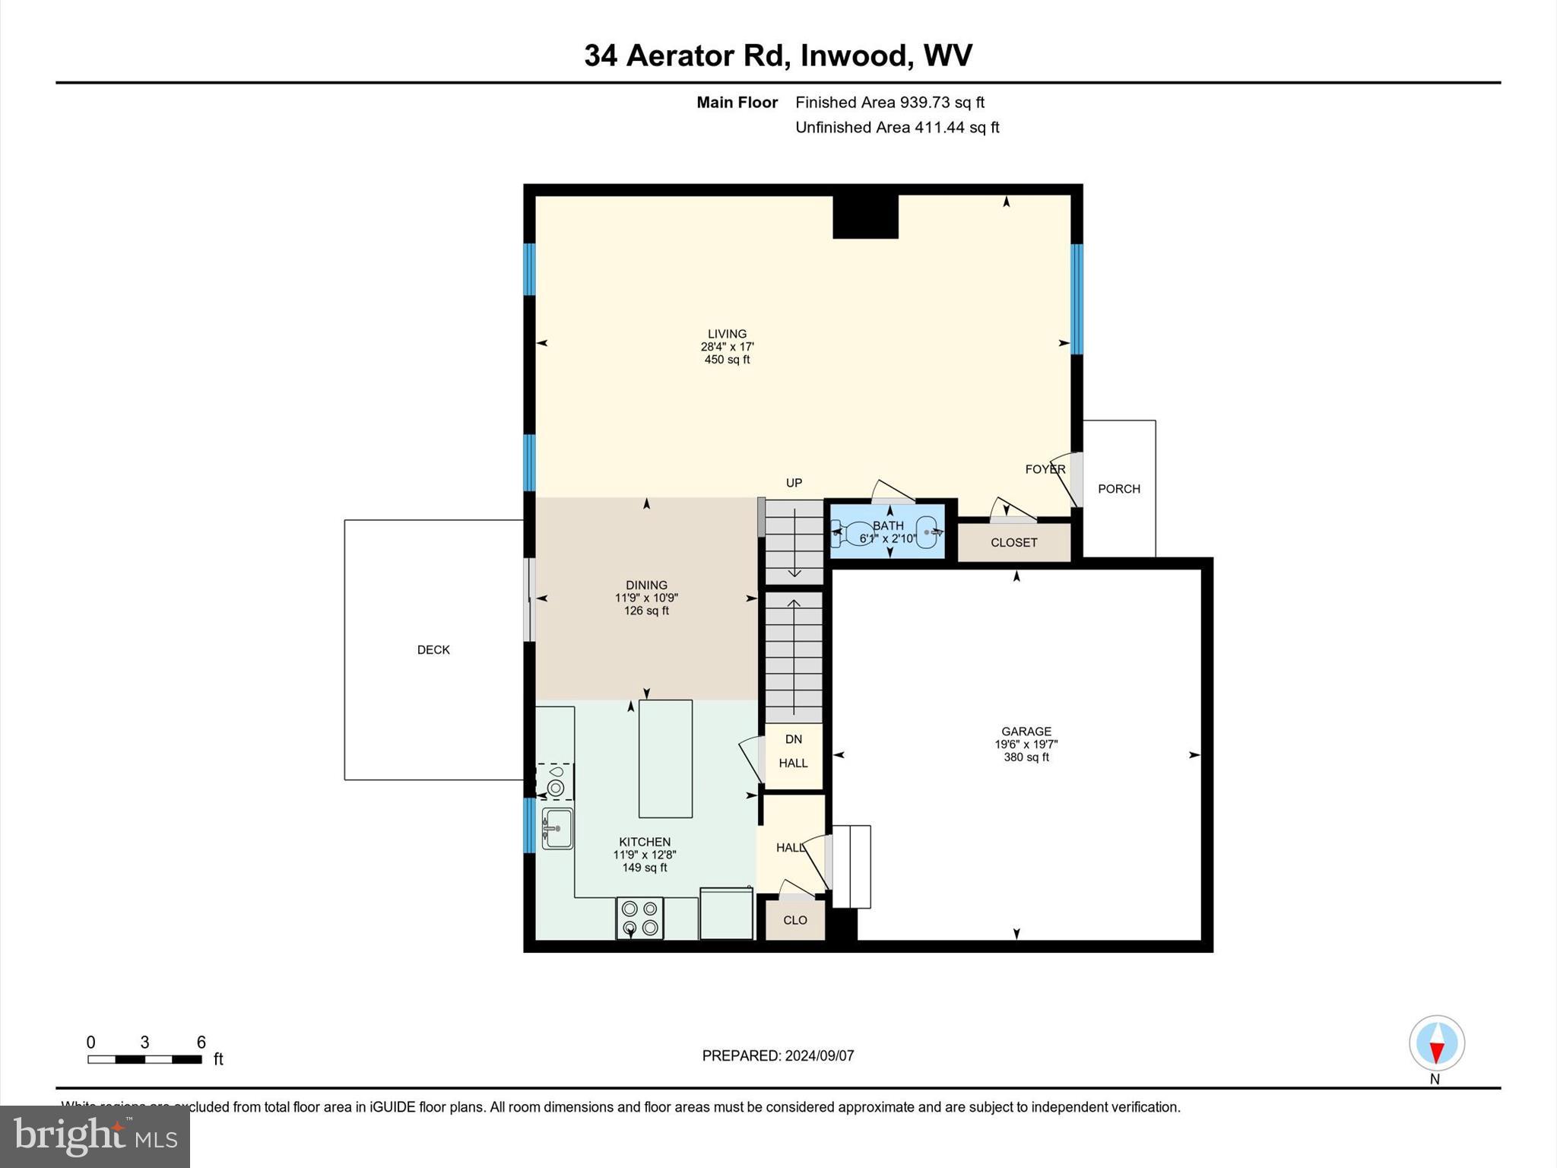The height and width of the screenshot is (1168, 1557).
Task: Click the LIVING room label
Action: (727, 334)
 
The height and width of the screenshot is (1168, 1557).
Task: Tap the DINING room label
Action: (646, 585)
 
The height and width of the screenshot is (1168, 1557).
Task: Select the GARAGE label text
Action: (1026, 732)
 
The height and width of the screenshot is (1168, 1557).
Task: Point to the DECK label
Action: (433, 649)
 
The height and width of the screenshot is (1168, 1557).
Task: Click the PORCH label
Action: (1118, 489)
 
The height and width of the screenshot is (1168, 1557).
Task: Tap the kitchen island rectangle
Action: (665, 758)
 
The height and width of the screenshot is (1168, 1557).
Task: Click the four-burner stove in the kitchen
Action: (639, 918)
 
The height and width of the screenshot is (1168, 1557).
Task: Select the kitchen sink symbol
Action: (557, 828)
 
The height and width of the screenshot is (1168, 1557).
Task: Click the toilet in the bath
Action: (852, 533)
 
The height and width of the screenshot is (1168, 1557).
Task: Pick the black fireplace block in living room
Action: (865, 217)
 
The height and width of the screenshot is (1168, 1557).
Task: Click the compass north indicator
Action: (1436, 1044)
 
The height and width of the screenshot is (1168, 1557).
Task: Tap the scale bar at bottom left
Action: (144, 1059)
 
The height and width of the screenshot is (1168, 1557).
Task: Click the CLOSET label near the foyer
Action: (1013, 543)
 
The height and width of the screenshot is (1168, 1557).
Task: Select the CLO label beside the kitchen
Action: (794, 920)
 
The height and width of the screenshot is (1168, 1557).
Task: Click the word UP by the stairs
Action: (794, 483)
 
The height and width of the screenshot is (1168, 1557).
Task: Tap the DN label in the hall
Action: (793, 739)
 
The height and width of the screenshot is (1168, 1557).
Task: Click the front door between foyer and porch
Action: (1075, 479)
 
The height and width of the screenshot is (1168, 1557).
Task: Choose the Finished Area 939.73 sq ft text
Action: (889, 102)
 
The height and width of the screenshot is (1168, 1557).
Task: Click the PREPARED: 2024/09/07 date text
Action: (778, 1055)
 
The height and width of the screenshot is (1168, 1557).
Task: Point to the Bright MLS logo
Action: (95, 1136)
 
